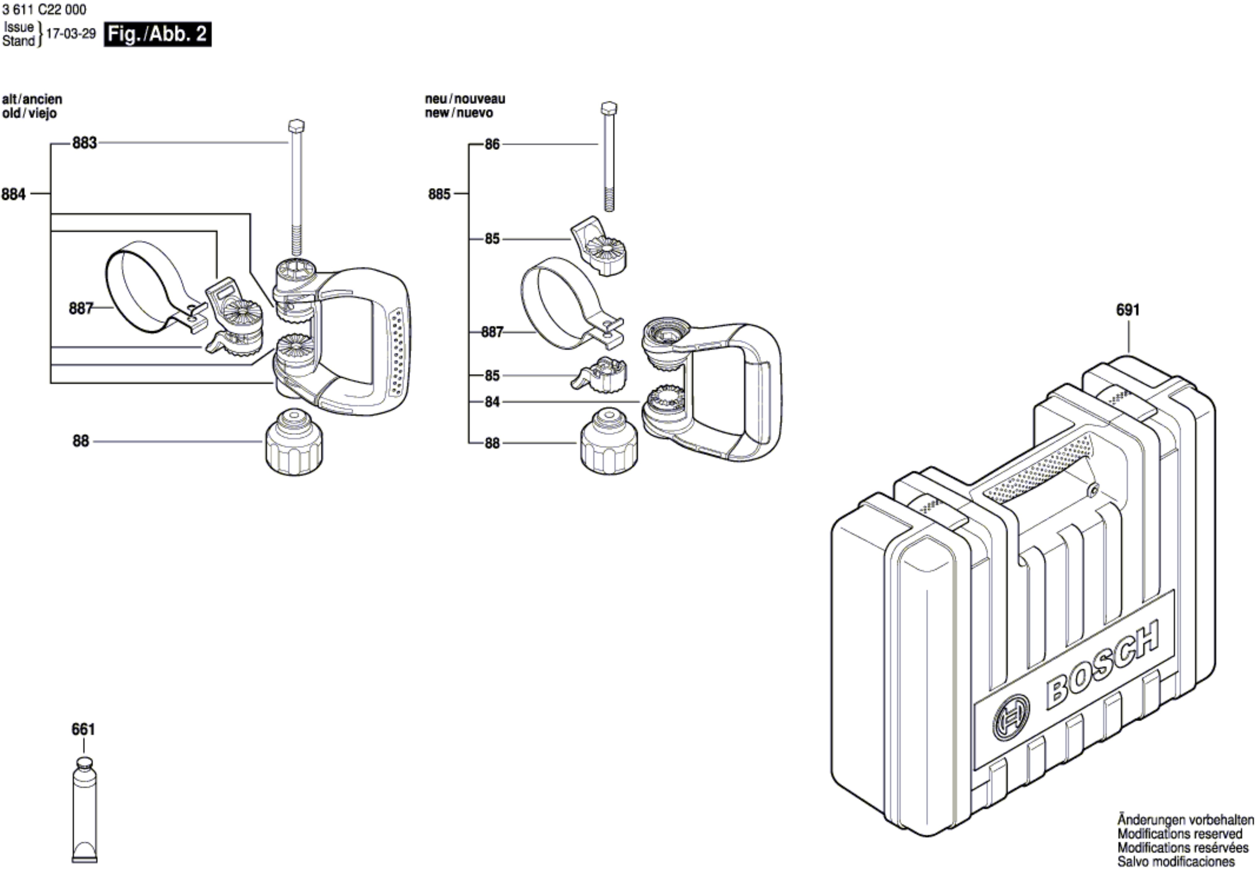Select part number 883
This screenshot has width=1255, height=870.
pos(85,143)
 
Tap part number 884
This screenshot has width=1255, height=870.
pos(14,194)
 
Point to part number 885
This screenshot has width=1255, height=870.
pos(439,194)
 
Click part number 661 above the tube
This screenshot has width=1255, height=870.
pos(83,729)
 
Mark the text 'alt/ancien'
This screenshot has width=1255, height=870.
pos(32,99)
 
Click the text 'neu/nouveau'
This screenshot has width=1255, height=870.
pos(465,99)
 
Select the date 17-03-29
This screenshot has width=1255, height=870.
pos(71,34)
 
